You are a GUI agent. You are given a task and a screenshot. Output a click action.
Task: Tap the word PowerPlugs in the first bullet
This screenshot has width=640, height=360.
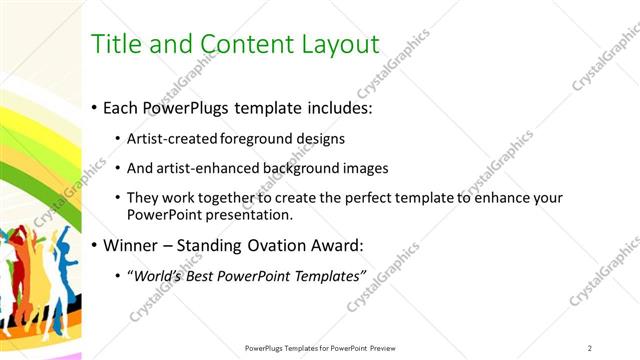coord(191,106)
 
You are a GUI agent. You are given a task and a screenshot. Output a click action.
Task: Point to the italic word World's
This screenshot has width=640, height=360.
coord(159,275)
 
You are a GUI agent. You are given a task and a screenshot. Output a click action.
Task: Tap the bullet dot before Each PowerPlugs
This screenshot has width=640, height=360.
coord(94,107)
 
